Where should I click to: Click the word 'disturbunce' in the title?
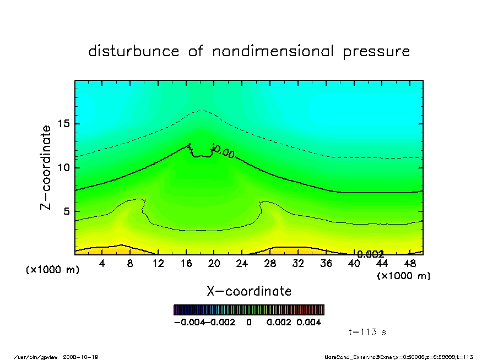coord(134,52)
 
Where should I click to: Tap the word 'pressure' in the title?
coord(376,52)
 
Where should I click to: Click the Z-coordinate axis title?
coord(46,167)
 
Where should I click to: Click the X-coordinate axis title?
coord(249,291)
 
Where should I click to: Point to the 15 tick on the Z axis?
coord(63,124)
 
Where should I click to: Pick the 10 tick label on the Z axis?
coord(63,167)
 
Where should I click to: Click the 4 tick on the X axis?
coord(102,264)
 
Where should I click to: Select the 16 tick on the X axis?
coord(186,264)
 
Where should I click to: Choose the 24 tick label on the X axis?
coord(242,264)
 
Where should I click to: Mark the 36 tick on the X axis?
coord(326,264)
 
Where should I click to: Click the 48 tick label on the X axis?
coord(410,264)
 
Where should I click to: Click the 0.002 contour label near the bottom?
coord(370,254)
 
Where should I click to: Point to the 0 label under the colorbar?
coord(249,323)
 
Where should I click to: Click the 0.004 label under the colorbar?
coord(309,323)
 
